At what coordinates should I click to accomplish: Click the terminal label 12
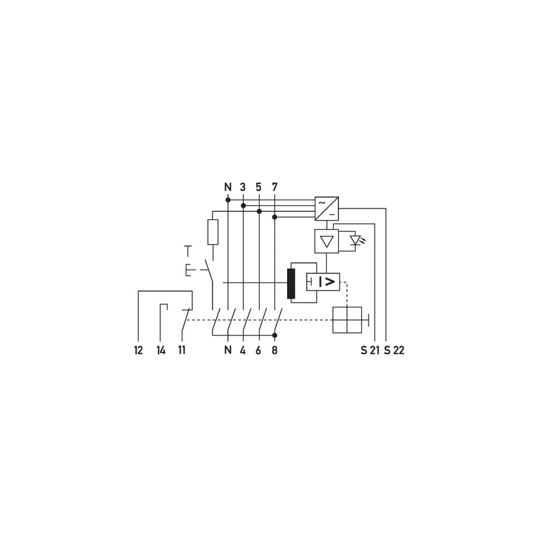pos(139,350)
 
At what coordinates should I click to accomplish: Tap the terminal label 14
pos(161,350)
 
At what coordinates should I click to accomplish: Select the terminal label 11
pos(182,350)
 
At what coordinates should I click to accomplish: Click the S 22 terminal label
pos(394,350)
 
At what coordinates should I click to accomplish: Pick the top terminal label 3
pos(243,188)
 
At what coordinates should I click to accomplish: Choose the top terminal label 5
pos(258,188)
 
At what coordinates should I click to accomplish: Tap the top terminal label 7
pos(274,188)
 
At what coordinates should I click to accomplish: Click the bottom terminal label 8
pos(274,350)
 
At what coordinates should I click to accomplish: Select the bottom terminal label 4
pos(243,350)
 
